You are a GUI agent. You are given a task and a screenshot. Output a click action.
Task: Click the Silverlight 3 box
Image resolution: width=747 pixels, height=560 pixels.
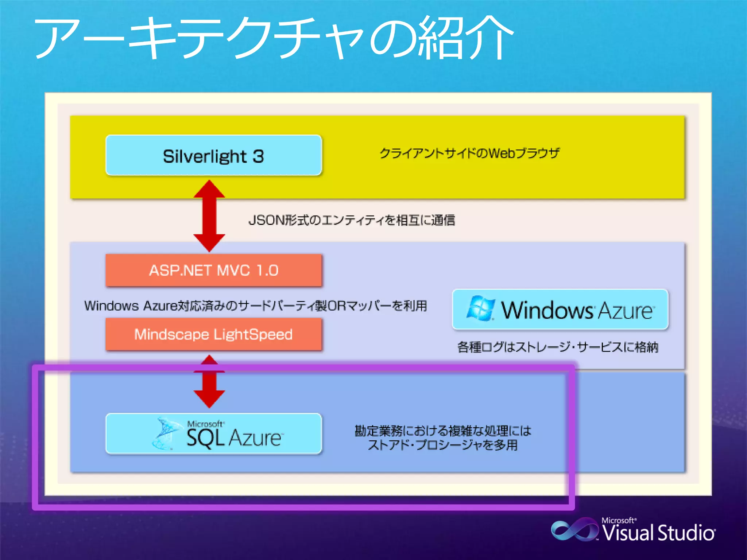[214, 156]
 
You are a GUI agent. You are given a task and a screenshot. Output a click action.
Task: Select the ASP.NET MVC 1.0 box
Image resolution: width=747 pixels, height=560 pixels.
[214, 271]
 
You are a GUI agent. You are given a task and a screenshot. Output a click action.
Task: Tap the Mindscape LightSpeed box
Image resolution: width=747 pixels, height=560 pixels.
[214, 334]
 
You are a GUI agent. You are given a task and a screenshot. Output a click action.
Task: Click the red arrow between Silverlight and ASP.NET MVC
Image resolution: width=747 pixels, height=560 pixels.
[209, 216]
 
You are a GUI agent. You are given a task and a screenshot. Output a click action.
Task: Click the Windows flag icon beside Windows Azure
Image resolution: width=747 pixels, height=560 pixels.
[481, 308]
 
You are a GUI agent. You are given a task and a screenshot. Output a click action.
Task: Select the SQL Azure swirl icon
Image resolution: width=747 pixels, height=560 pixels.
[166, 434]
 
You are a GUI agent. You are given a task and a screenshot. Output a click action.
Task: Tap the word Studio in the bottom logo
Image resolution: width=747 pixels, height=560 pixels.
[686, 533]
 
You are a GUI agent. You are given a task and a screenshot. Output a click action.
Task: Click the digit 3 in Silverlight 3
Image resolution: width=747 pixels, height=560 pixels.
[258, 156]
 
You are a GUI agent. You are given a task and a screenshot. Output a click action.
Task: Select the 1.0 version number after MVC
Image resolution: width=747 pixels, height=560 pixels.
[267, 271]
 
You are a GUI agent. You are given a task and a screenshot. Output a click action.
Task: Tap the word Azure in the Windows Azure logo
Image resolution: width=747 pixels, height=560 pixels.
[625, 311]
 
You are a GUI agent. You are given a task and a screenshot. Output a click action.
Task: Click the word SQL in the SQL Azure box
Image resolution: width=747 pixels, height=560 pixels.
[205, 438]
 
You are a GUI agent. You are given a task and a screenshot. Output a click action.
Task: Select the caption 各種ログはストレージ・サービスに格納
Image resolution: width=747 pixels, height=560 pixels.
[558, 347]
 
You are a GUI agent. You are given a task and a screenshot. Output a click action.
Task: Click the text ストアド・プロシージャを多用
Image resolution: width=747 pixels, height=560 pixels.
[443, 445]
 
